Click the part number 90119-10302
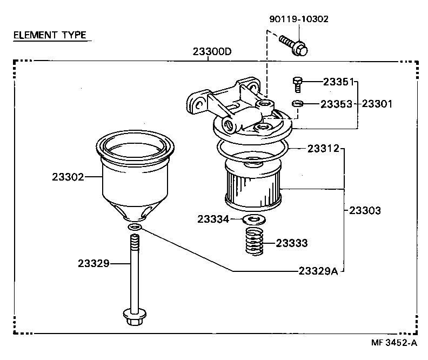pos(298,19)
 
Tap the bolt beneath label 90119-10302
pos(294,45)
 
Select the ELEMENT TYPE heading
pos(49,36)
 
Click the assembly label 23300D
pos(212,52)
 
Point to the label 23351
pos(338,82)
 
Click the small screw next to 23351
pos(297,84)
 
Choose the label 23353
pos(338,103)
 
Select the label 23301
pos(377,103)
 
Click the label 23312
pos(323,148)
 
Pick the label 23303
pos(365,210)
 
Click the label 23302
pos(68,176)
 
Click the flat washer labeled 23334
pos(251,219)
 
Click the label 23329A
pos(318,271)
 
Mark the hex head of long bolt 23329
pos(133,317)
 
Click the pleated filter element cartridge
pos(252,186)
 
